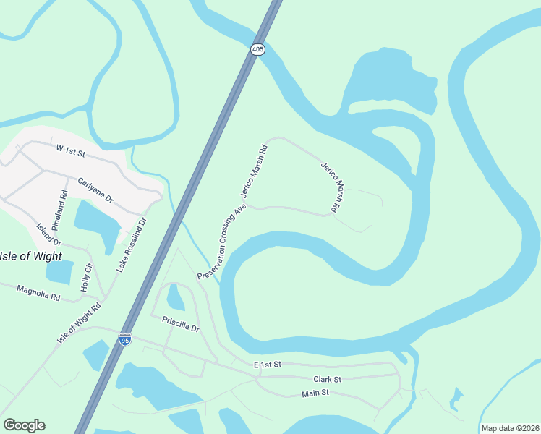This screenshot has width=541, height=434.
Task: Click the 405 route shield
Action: [258, 49]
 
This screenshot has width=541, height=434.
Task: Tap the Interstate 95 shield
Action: [125, 339]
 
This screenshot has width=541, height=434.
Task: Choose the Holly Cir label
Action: [86, 278]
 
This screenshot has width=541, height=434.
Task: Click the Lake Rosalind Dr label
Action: [132, 245]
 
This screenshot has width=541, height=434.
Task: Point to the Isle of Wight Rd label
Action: [80, 324]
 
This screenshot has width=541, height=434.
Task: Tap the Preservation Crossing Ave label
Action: [222, 242]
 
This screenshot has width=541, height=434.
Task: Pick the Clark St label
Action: [327, 379]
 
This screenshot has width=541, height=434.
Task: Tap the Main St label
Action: [315, 393]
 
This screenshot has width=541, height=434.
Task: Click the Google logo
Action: [24, 425]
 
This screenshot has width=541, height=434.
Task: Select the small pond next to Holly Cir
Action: [59, 271]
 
